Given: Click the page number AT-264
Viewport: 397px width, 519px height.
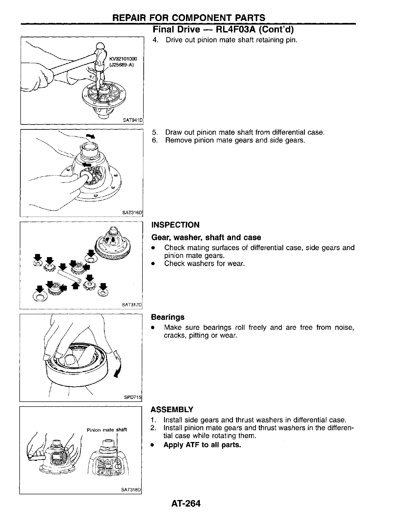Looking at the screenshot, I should [x=185, y=503].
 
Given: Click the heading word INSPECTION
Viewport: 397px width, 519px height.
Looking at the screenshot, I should [x=175, y=225].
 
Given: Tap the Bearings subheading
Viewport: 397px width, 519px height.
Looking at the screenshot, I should [x=167, y=317].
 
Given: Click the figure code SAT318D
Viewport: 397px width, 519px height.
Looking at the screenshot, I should [x=131, y=490].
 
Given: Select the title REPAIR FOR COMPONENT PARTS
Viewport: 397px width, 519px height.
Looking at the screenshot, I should [x=189, y=18].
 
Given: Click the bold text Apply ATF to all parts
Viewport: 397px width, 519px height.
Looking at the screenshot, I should [x=202, y=445].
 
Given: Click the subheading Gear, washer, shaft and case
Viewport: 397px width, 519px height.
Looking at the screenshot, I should [x=206, y=237].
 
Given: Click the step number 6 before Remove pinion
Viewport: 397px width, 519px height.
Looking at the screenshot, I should [x=154, y=141].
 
